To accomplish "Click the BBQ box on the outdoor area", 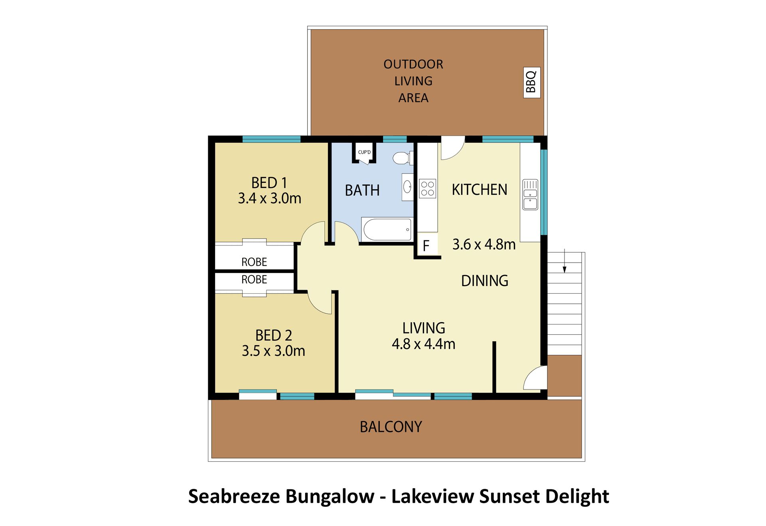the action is tap(532, 82).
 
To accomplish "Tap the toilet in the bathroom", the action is tap(403, 158).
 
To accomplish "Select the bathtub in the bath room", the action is tap(387, 229).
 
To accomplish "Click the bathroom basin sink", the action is tap(407, 186).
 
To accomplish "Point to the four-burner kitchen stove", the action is tap(427, 189).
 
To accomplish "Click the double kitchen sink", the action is tap(530, 195).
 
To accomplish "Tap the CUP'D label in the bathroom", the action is tap(364, 152).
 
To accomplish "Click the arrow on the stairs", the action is tap(565, 261).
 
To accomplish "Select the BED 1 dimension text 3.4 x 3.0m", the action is tap(270, 198).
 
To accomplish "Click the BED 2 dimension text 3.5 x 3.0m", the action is tap(274, 351).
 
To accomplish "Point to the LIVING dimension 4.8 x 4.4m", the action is tap(424, 344).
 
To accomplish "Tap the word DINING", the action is tap(485, 281).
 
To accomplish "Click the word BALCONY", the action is tap(391, 427).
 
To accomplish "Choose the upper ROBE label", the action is tap(254, 262).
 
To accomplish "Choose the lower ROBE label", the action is tap(254, 280).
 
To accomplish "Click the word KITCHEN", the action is tap(480, 190).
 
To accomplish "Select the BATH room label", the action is tap(362, 190).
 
